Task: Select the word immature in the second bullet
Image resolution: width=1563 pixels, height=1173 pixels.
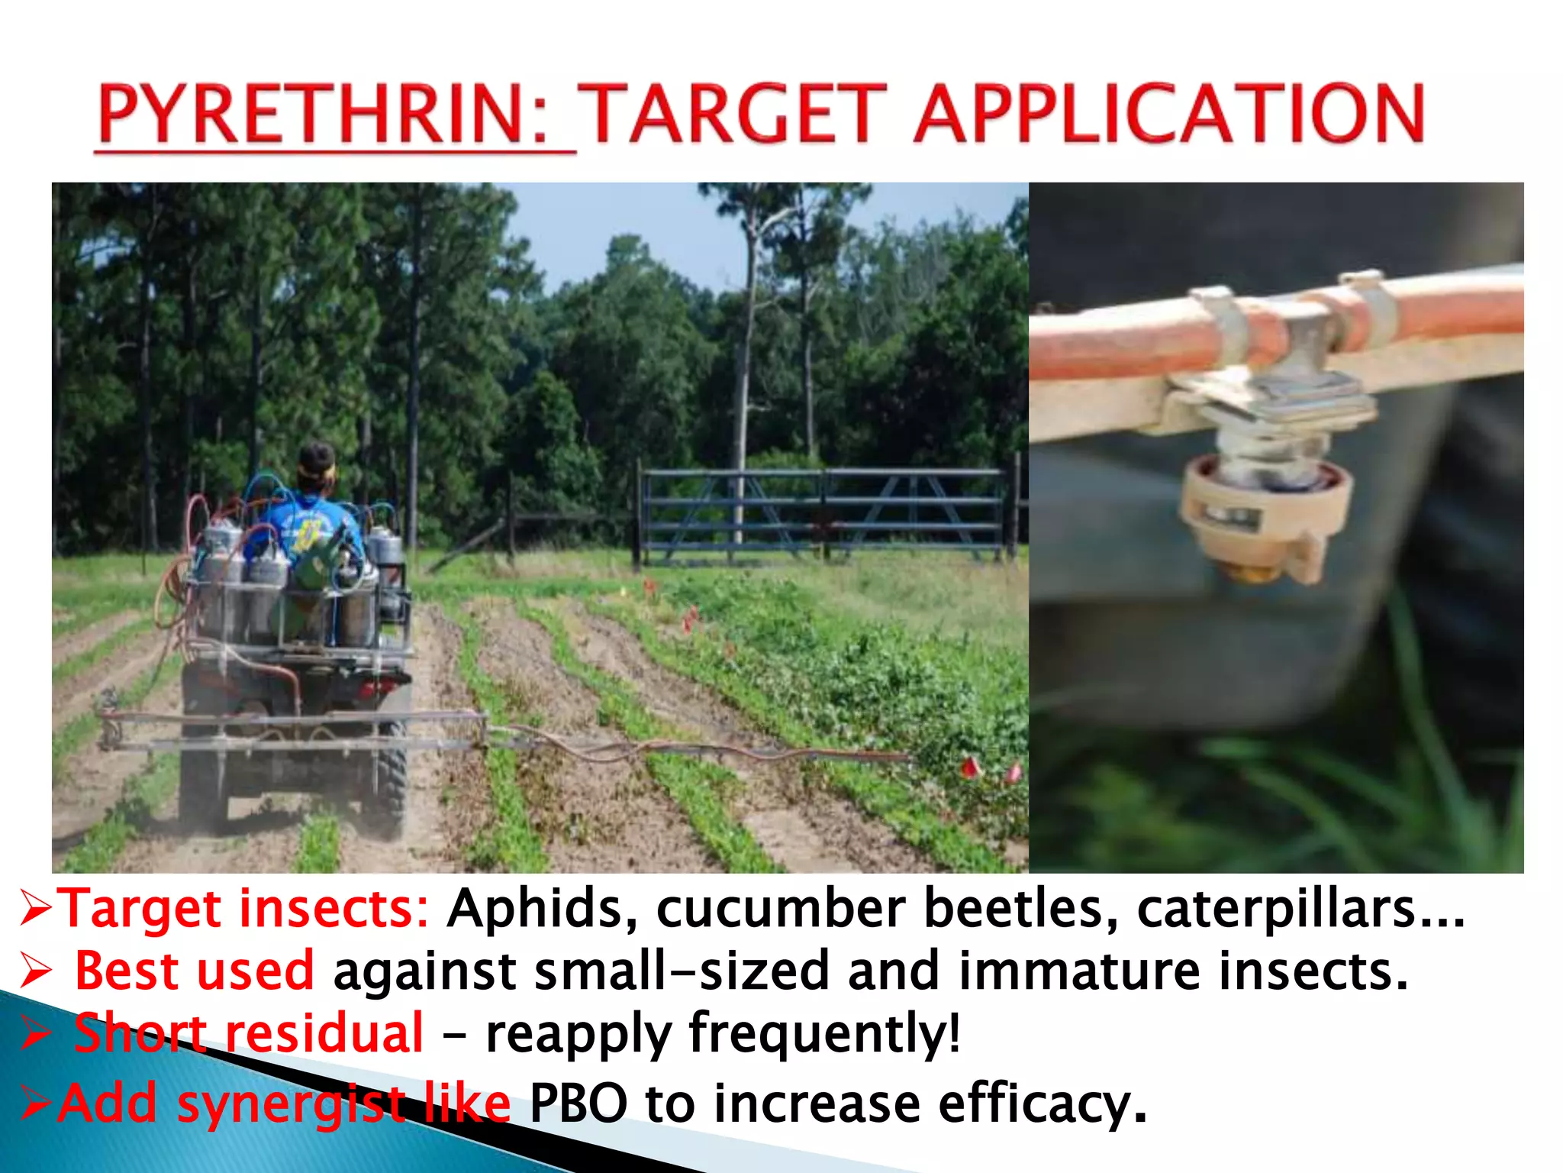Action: (x=1078, y=971)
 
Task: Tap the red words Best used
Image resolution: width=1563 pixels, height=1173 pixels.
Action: (x=195, y=971)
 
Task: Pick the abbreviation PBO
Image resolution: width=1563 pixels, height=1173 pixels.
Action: (x=578, y=1104)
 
